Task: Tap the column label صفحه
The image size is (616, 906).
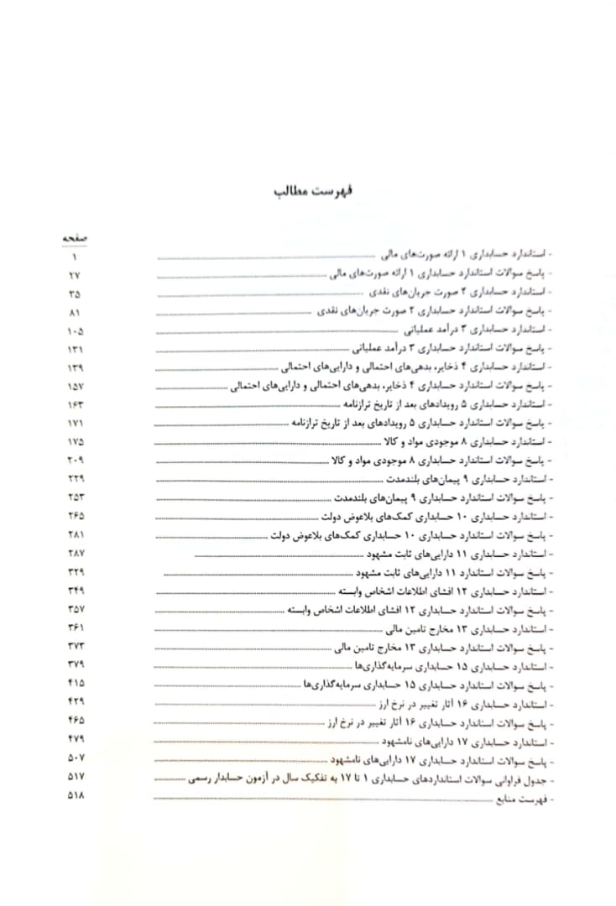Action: point(75,238)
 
